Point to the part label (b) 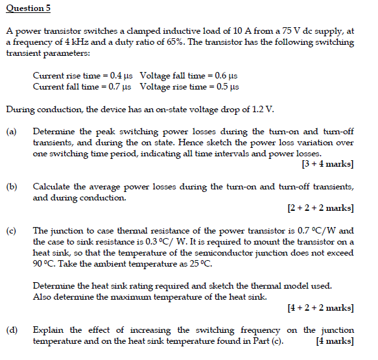12,187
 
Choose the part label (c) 12,231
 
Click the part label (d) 12,330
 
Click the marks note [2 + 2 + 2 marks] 320,208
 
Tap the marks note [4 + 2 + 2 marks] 320,307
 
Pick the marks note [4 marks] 334,341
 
